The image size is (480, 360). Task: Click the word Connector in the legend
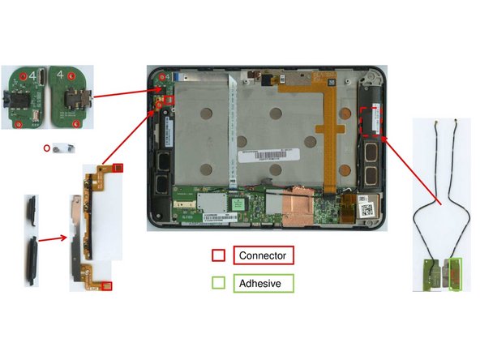(x=264, y=255)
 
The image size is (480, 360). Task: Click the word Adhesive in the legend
(x=263, y=284)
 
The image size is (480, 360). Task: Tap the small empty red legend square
(x=218, y=255)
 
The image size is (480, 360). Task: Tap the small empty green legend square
(x=218, y=284)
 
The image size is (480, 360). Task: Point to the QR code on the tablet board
(x=367, y=208)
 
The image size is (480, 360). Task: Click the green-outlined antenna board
(x=453, y=273)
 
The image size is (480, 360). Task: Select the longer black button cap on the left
(x=31, y=263)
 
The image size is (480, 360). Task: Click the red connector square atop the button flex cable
(x=118, y=168)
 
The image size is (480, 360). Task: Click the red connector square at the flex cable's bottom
(x=107, y=285)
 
